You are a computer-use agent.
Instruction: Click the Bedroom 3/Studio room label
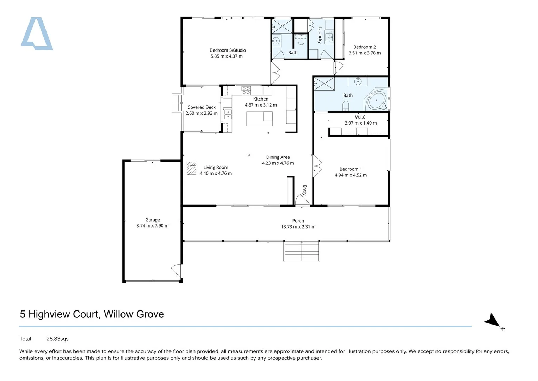[228, 50]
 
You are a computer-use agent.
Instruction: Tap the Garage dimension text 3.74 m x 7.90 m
[153, 226]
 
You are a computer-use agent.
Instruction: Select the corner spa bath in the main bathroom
[376, 100]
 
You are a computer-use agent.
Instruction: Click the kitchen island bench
[259, 119]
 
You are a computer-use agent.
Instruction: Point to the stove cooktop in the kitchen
[246, 91]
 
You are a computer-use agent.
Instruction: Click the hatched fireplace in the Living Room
[191, 168]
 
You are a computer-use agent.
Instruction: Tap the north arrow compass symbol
[492, 320]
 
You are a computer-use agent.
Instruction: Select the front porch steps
[302, 251]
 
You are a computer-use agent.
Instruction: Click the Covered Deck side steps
[177, 103]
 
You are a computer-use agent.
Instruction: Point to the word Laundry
[320, 35]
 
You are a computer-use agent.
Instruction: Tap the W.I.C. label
[360, 117]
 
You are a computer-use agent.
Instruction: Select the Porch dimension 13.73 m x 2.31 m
[298, 226]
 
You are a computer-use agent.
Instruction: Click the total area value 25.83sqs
[57, 339]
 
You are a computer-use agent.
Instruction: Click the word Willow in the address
[119, 314]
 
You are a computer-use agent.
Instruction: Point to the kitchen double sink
[228, 115]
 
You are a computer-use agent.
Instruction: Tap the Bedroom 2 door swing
[339, 68]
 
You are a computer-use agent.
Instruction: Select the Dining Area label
[278, 157]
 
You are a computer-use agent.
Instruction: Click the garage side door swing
[177, 271]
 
